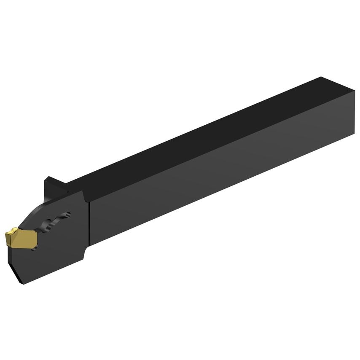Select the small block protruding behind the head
click(53, 185)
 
